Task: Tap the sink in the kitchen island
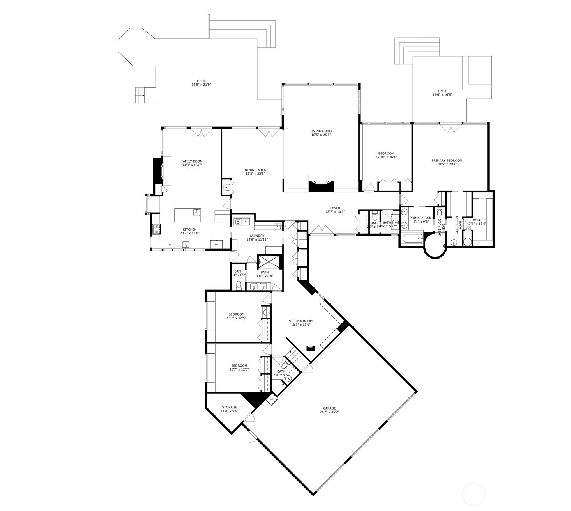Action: click(197, 212)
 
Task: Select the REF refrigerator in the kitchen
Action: click(216, 245)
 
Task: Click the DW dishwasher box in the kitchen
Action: click(170, 245)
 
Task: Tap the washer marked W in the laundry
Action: click(237, 222)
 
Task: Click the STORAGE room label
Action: click(229, 407)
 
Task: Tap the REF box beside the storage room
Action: click(272, 399)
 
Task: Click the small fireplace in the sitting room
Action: click(311, 348)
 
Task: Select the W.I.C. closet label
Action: click(477, 220)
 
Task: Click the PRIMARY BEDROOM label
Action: click(447, 160)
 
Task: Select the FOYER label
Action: click(335, 208)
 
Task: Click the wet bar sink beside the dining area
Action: click(226, 187)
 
